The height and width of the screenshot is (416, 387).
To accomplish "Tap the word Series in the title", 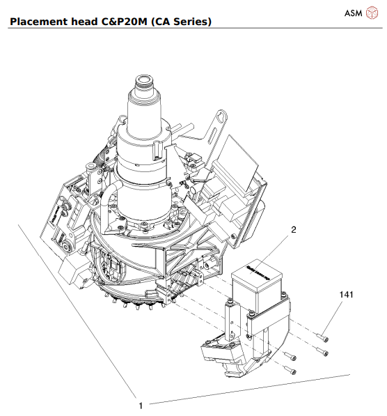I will click(x=187, y=22).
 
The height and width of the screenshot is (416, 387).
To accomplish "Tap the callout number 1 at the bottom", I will click(x=141, y=405).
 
